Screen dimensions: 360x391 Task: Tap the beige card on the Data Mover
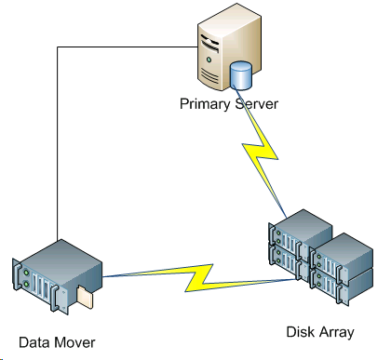coord(86,298)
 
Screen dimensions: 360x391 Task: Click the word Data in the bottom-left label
coord(34,341)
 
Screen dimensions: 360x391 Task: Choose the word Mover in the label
coord(74,341)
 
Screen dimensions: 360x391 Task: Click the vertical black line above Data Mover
coord(58,149)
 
